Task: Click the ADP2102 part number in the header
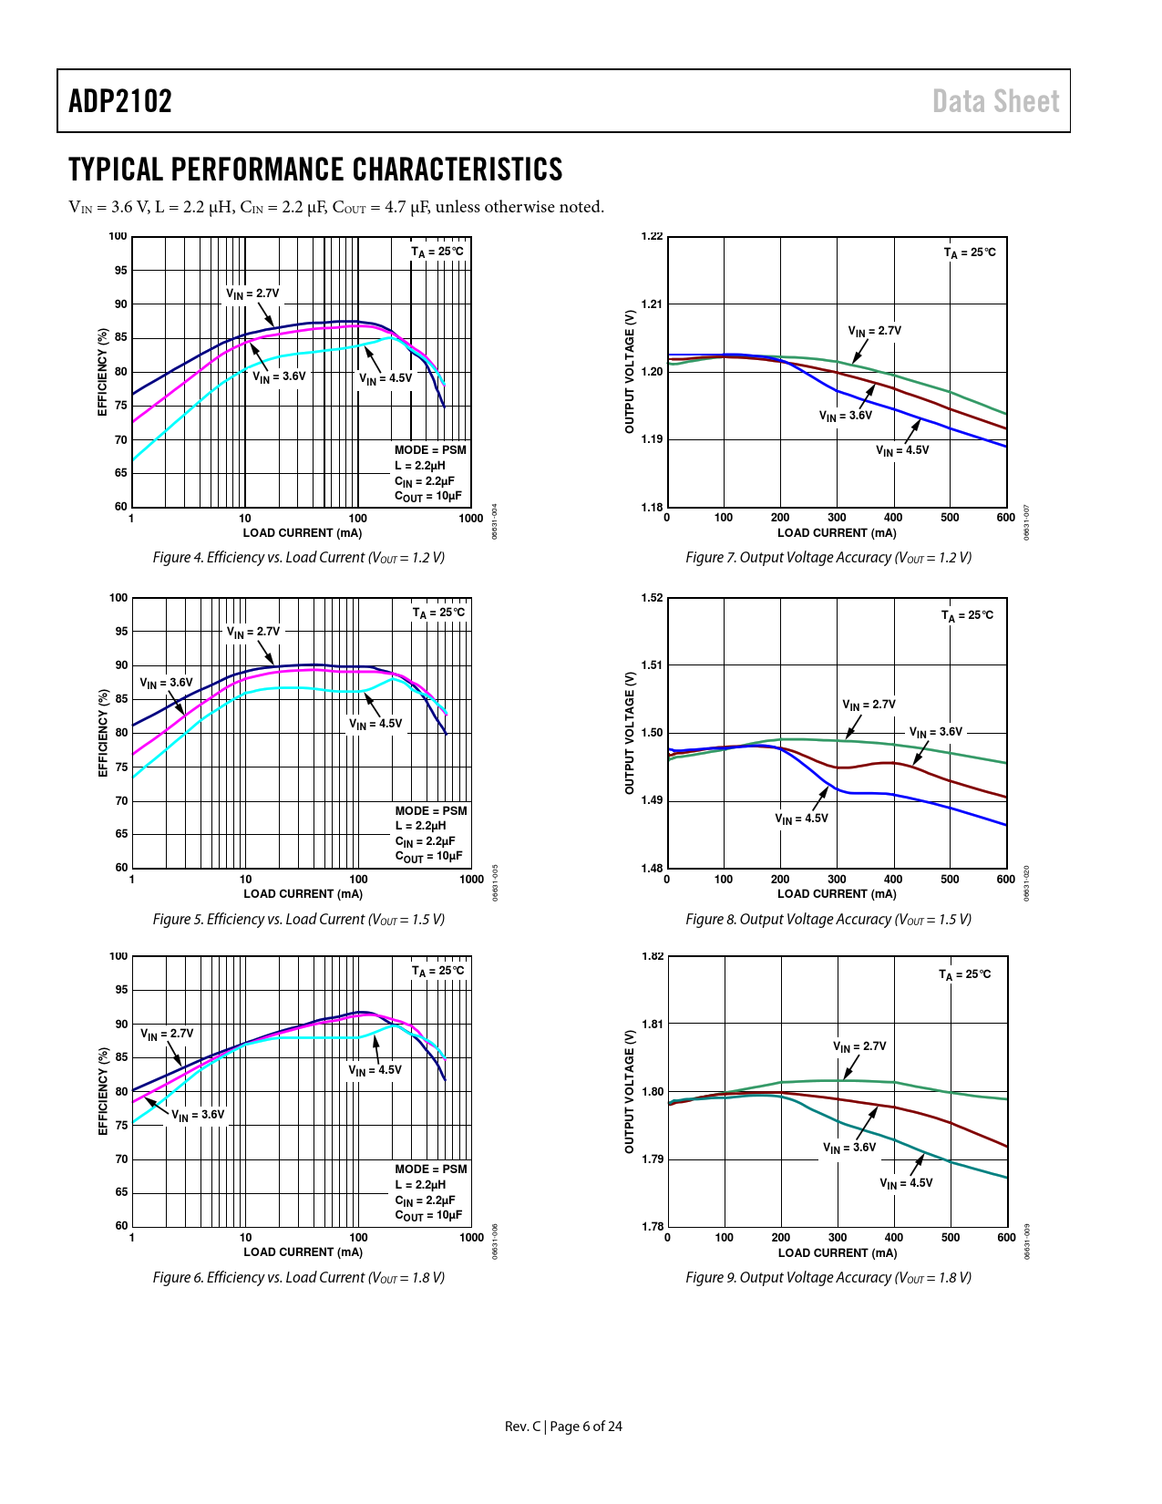click(x=120, y=101)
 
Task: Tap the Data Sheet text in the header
click(x=995, y=101)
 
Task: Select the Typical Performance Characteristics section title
click(x=315, y=170)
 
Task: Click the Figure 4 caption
click(x=298, y=558)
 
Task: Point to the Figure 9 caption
click(x=828, y=1277)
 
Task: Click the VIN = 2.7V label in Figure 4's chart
click(x=252, y=294)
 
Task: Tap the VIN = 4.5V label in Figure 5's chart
click(x=375, y=724)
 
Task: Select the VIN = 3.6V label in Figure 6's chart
click(x=198, y=1115)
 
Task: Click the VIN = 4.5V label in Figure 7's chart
click(x=902, y=450)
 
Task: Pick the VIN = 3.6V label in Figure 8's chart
click(x=936, y=732)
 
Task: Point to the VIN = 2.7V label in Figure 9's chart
click(x=859, y=1046)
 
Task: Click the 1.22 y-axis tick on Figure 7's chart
click(x=653, y=237)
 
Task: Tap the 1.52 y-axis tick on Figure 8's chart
click(x=653, y=598)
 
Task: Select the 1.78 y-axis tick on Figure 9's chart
click(x=653, y=1226)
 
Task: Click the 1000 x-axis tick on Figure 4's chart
click(x=471, y=518)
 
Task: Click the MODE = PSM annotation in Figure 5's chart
click(x=431, y=810)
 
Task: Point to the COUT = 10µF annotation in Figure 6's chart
click(x=428, y=1215)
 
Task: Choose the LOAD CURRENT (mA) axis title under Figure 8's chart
click(x=837, y=894)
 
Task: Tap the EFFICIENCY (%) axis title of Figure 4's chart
click(x=103, y=372)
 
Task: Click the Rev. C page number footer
click(x=563, y=1426)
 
